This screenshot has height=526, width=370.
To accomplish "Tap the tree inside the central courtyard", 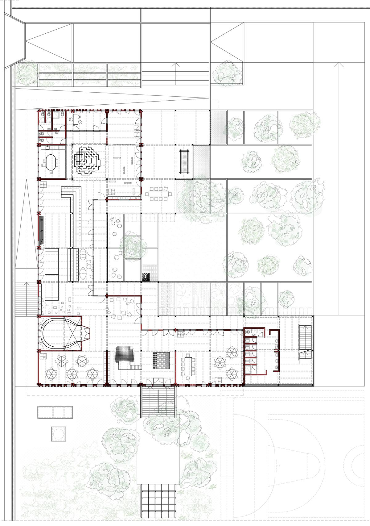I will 133,247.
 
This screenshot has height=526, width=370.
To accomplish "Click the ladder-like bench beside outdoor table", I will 184,161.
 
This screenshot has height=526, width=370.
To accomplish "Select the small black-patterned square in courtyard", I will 146,276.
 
